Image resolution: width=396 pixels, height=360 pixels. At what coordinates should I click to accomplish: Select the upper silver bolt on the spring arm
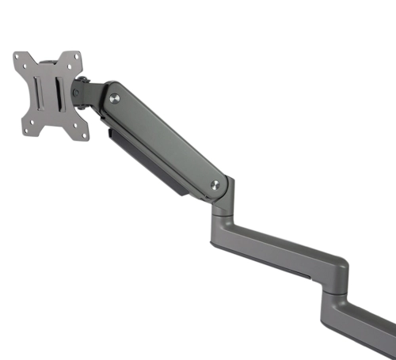(115, 98)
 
